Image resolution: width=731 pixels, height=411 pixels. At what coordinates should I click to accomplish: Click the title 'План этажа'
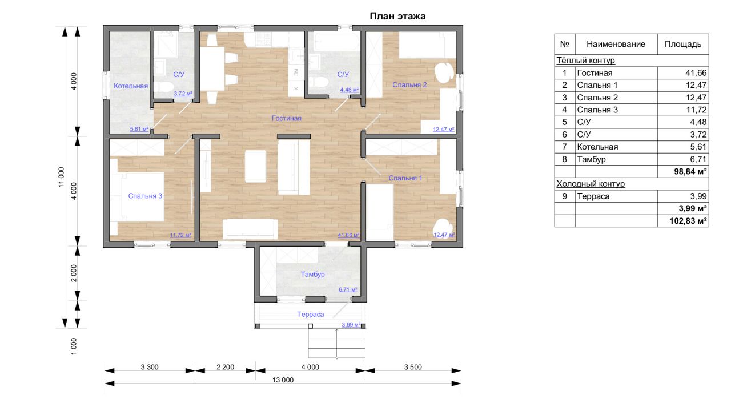[x=397, y=17]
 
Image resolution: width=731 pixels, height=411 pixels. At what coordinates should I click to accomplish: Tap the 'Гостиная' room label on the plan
[x=287, y=118]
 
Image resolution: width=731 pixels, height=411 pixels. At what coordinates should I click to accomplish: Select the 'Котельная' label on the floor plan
[x=131, y=86]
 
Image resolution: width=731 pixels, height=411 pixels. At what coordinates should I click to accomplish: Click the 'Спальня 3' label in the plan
[x=145, y=196]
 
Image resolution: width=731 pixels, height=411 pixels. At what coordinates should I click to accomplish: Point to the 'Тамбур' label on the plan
[x=312, y=275]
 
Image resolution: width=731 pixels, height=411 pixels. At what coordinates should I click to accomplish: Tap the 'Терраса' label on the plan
[x=310, y=315]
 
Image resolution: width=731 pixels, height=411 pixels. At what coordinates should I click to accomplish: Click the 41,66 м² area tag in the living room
[x=348, y=235]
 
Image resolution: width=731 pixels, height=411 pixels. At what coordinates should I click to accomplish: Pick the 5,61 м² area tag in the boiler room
[x=139, y=129]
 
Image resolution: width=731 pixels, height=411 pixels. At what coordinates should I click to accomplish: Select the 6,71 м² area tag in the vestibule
[x=348, y=289]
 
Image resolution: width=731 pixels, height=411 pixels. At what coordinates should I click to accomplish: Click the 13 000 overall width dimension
[x=283, y=380]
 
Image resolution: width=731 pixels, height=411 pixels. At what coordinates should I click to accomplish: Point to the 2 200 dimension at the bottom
[x=225, y=367]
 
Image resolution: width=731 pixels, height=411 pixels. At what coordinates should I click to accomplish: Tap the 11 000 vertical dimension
[x=61, y=177]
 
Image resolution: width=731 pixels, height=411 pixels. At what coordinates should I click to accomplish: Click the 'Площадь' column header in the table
[x=683, y=44]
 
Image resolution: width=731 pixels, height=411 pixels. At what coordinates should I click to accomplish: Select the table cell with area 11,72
[x=696, y=110]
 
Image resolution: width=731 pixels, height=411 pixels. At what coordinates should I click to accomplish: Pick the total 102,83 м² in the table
[x=688, y=221]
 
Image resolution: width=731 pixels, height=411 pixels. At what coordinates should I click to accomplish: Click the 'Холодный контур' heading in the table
[x=591, y=184]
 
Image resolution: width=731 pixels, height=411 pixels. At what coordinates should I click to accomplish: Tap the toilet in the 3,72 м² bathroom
[x=163, y=87]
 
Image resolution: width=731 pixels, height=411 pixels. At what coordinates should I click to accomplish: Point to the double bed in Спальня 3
[x=137, y=197]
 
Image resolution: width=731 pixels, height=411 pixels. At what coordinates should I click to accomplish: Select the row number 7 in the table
[x=565, y=147]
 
